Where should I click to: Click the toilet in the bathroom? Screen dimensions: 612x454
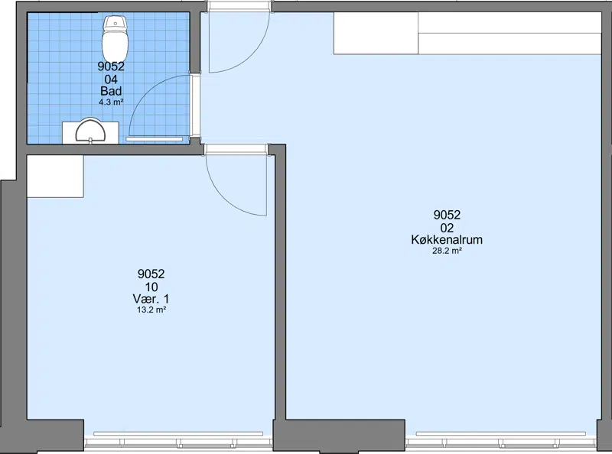pyautogui.click(x=116, y=38)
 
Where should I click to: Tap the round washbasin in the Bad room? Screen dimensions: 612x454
pyautogui.click(x=90, y=131)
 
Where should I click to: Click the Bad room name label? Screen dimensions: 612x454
pyautogui.click(x=111, y=91)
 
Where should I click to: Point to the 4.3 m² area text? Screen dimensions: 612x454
pyautogui.click(x=111, y=102)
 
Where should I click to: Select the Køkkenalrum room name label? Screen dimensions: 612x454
pyautogui.click(x=447, y=239)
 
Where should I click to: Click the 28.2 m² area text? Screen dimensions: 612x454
pyautogui.click(x=447, y=251)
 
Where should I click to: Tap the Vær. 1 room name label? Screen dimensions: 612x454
pyautogui.click(x=151, y=299)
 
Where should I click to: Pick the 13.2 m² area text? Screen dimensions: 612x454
pyautogui.click(x=151, y=310)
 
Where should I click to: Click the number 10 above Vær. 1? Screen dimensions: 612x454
pyautogui.click(x=151, y=287)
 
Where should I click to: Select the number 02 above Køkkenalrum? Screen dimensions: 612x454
pyautogui.click(x=447, y=228)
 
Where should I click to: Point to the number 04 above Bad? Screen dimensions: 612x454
pyautogui.click(x=111, y=79)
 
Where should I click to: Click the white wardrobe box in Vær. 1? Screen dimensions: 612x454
pyautogui.click(x=55, y=177)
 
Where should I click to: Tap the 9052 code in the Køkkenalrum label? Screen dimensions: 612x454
pyautogui.click(x=447, y=215)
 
